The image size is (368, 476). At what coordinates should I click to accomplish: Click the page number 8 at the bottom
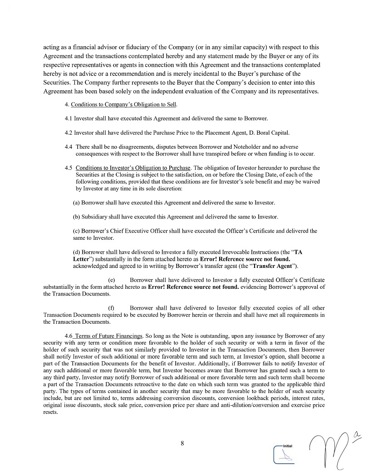point(182,444)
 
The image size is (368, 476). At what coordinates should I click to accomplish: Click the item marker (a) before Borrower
point(76,203)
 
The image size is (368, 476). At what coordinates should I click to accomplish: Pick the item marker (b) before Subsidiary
point(76,217)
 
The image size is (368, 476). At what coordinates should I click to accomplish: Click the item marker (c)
point(76,231)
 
